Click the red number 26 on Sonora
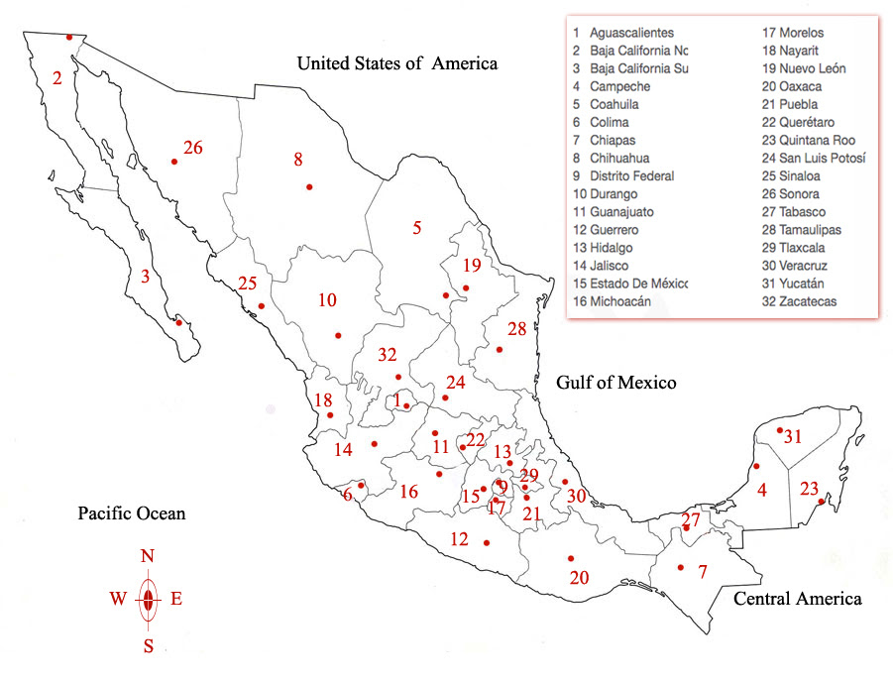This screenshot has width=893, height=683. [x=193, y=148]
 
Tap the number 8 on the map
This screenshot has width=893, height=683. [x=296, y=159]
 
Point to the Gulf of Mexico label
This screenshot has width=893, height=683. [x=615, y=383]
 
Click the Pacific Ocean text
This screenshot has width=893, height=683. [x=132, y=513]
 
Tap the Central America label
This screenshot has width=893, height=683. [x=797, y=599]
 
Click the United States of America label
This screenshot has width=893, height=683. [x=397, y=64]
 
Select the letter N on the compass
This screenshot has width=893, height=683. [x=148, y=556]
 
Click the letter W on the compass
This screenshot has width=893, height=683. [x=118, y=599]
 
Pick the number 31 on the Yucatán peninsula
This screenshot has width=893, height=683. [x=793, y=436]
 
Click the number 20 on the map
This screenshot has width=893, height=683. [x=580, y=577]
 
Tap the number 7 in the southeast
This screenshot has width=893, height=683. [x=703, y=572]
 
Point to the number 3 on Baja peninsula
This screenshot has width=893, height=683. [x=146, y=278]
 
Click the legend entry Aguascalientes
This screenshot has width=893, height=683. [x=631, y=33]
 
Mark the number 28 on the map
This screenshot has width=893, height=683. [x=517, y=329]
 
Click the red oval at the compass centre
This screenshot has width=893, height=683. [x=148, y=599]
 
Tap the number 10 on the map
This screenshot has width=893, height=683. [x=327, y=299]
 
